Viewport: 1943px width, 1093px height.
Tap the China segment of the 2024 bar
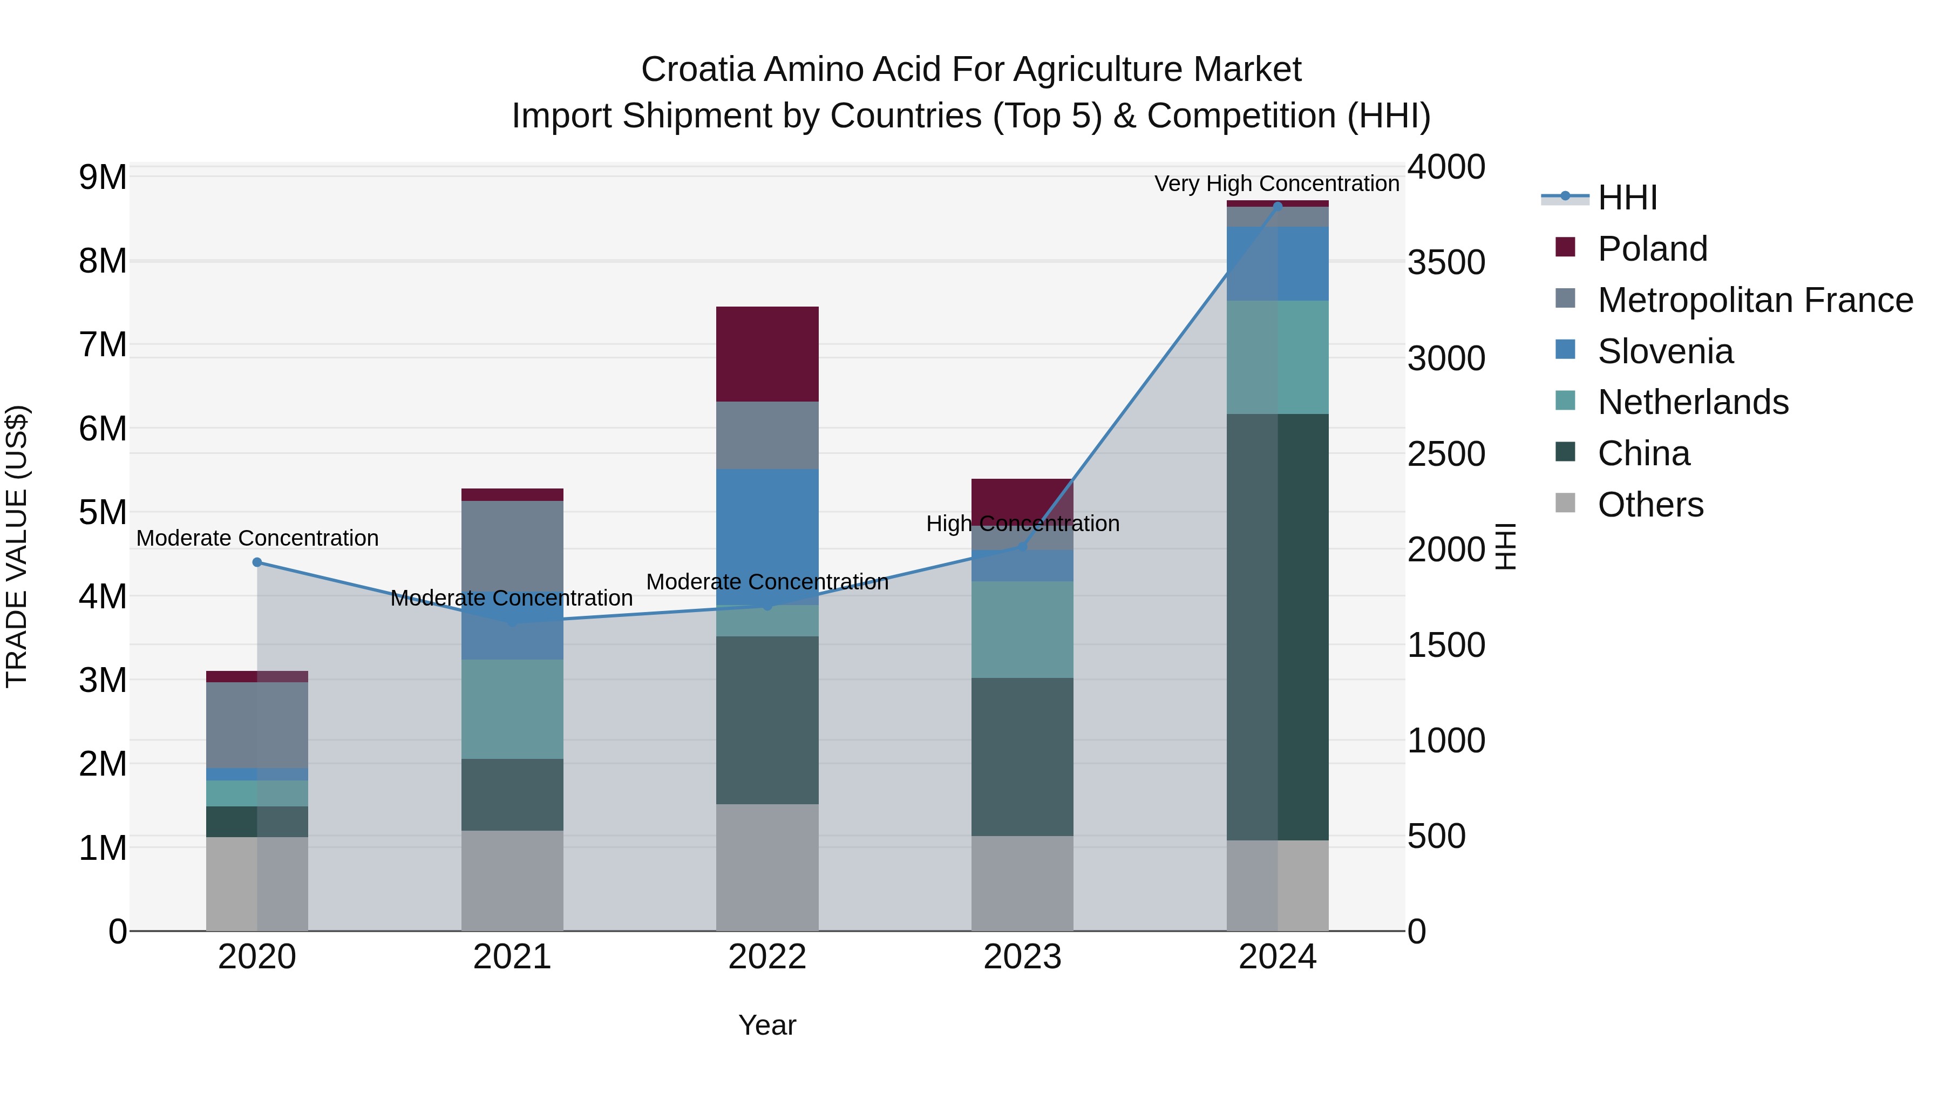coord(1277,626)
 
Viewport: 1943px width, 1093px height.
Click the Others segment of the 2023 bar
coord(1022,882)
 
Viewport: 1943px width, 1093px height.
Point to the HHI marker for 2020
coord(257,562)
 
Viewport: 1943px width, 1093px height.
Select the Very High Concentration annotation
coord(1276,184)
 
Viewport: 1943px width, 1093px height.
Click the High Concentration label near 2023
coord(1022,524)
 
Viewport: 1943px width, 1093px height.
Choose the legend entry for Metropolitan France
coord(1755,300)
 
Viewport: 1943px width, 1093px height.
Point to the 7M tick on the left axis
coord(103,345)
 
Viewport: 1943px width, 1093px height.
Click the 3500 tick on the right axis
coord(1446,262)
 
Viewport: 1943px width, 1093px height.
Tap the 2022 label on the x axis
coord(767,957)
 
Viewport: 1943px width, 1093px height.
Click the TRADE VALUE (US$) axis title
coord(17,546)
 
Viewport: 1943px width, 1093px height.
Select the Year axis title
coord(767,1025)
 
